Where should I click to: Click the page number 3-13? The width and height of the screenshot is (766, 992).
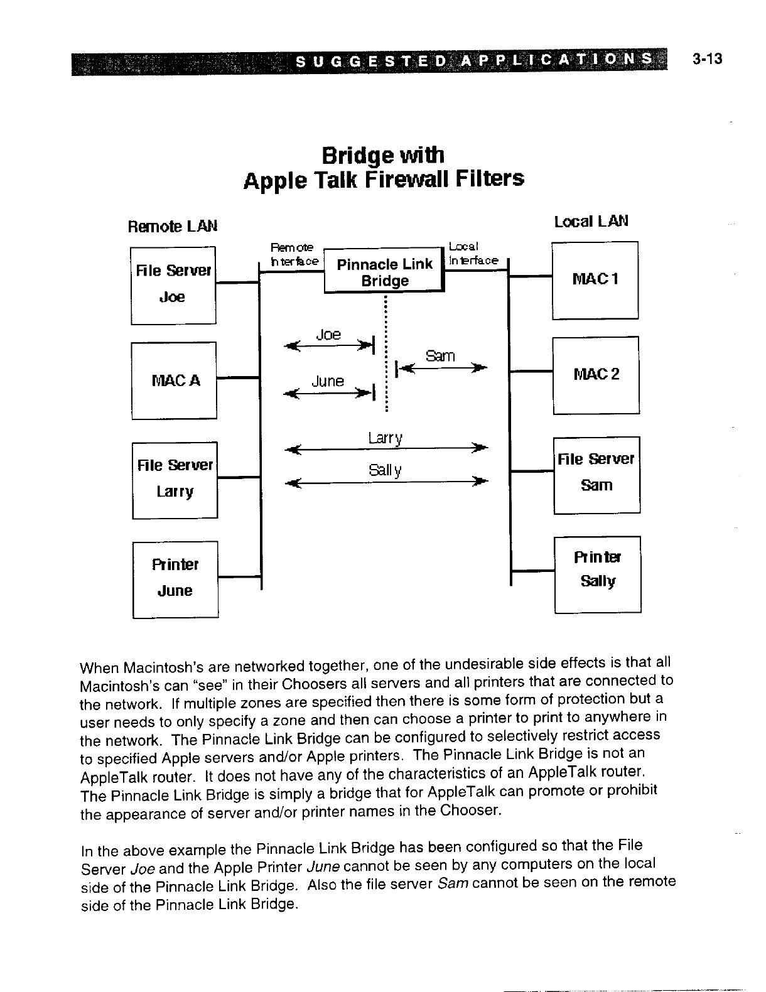(x=707, y=59)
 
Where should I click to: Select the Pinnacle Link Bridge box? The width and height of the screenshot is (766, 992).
(x=384, y=272)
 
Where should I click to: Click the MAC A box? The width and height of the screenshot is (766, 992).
(x=174, y=380)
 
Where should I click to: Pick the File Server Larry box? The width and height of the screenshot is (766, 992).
(x=175, y=480)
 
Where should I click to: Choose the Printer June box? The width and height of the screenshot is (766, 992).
(x=175, y=579)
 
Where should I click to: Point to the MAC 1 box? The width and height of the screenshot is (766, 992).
(x=595, y=279)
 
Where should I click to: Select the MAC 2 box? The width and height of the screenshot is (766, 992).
(x=596, y=375)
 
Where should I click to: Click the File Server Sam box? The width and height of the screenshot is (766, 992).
(x=596, y=474)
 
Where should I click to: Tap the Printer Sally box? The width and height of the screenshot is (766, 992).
(x=598, y=574)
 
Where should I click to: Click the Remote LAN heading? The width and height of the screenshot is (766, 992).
(x=173, y=225)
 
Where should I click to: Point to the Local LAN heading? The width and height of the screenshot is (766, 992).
(x=591, y=221)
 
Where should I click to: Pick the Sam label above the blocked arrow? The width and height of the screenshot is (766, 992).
(x=440, y=356)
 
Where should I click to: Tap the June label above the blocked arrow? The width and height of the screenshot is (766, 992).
(x=328, y=381)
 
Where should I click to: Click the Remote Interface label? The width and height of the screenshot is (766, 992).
(x=294, y=254)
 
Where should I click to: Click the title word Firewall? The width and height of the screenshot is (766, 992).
(x=407, y=180)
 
